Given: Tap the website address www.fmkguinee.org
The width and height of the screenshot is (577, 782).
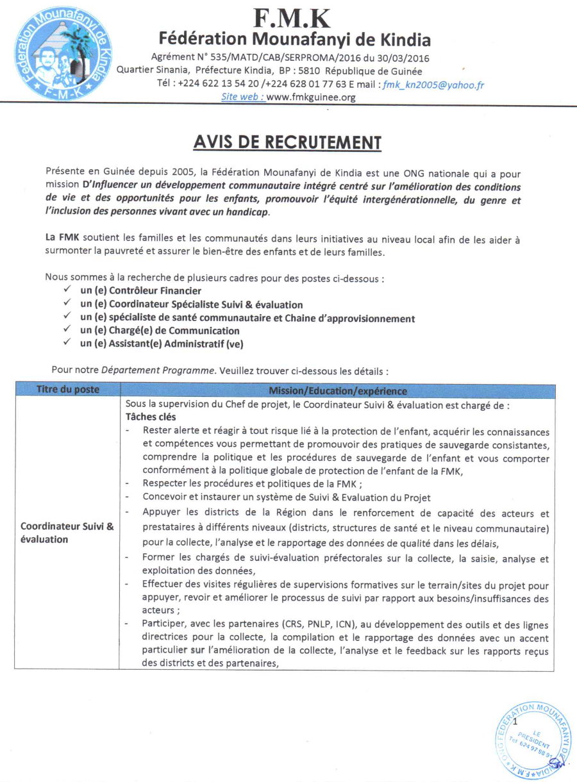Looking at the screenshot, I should [x=310, y=97].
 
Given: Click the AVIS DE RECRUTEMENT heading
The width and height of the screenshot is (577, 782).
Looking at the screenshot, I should [x=287, y=142].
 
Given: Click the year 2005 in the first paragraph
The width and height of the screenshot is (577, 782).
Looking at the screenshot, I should [x=181, y=174].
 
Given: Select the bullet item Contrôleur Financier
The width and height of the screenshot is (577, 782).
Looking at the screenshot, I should [x=140, y=291].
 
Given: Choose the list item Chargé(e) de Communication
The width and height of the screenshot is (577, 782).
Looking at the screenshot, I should [x=160, y=331].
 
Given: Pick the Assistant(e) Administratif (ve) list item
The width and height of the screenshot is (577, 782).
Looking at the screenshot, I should [x=162, y=344].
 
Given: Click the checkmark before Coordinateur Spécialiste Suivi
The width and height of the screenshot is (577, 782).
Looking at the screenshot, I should [x=67, y=304].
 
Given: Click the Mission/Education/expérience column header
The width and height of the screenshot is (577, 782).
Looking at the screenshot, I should [x=337, y=390].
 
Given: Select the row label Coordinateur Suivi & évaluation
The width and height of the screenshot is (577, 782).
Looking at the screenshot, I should [x=67, y=533].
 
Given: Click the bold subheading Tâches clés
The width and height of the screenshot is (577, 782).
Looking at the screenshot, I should [x=151, y=417].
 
